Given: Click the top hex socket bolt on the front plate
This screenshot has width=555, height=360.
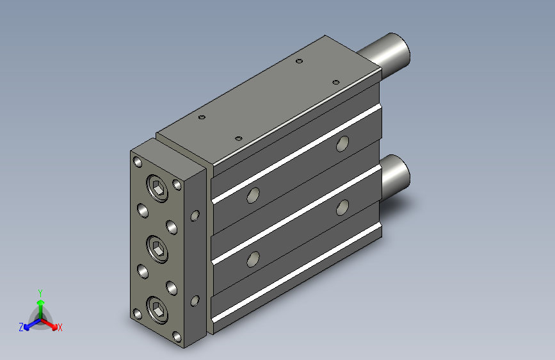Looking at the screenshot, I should (157, 187).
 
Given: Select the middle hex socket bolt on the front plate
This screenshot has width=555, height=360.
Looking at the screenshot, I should (157, 248).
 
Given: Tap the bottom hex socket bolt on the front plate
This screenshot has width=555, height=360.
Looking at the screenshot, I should (157, 310).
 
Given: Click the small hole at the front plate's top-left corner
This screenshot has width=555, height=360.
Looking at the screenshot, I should (138, 161).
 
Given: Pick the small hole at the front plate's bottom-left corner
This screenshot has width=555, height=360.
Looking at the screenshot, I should (138, 314).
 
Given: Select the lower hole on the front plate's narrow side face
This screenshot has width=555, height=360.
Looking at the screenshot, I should (195, 300).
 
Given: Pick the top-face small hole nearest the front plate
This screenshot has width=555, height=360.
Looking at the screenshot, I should (202, 118).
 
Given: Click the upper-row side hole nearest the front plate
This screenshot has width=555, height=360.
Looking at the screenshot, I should (253, 196).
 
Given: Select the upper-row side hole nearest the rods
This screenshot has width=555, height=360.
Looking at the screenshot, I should (342, 144).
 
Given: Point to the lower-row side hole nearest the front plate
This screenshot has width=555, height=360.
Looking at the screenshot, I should (253, 259).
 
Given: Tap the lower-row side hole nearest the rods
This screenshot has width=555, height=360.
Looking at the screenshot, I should (342, 206).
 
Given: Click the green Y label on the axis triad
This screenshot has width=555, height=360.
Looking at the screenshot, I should (40, 291).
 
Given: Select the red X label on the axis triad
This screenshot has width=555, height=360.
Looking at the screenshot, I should (60, 327).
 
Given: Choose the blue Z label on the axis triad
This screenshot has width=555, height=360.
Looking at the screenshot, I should (21, 327).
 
